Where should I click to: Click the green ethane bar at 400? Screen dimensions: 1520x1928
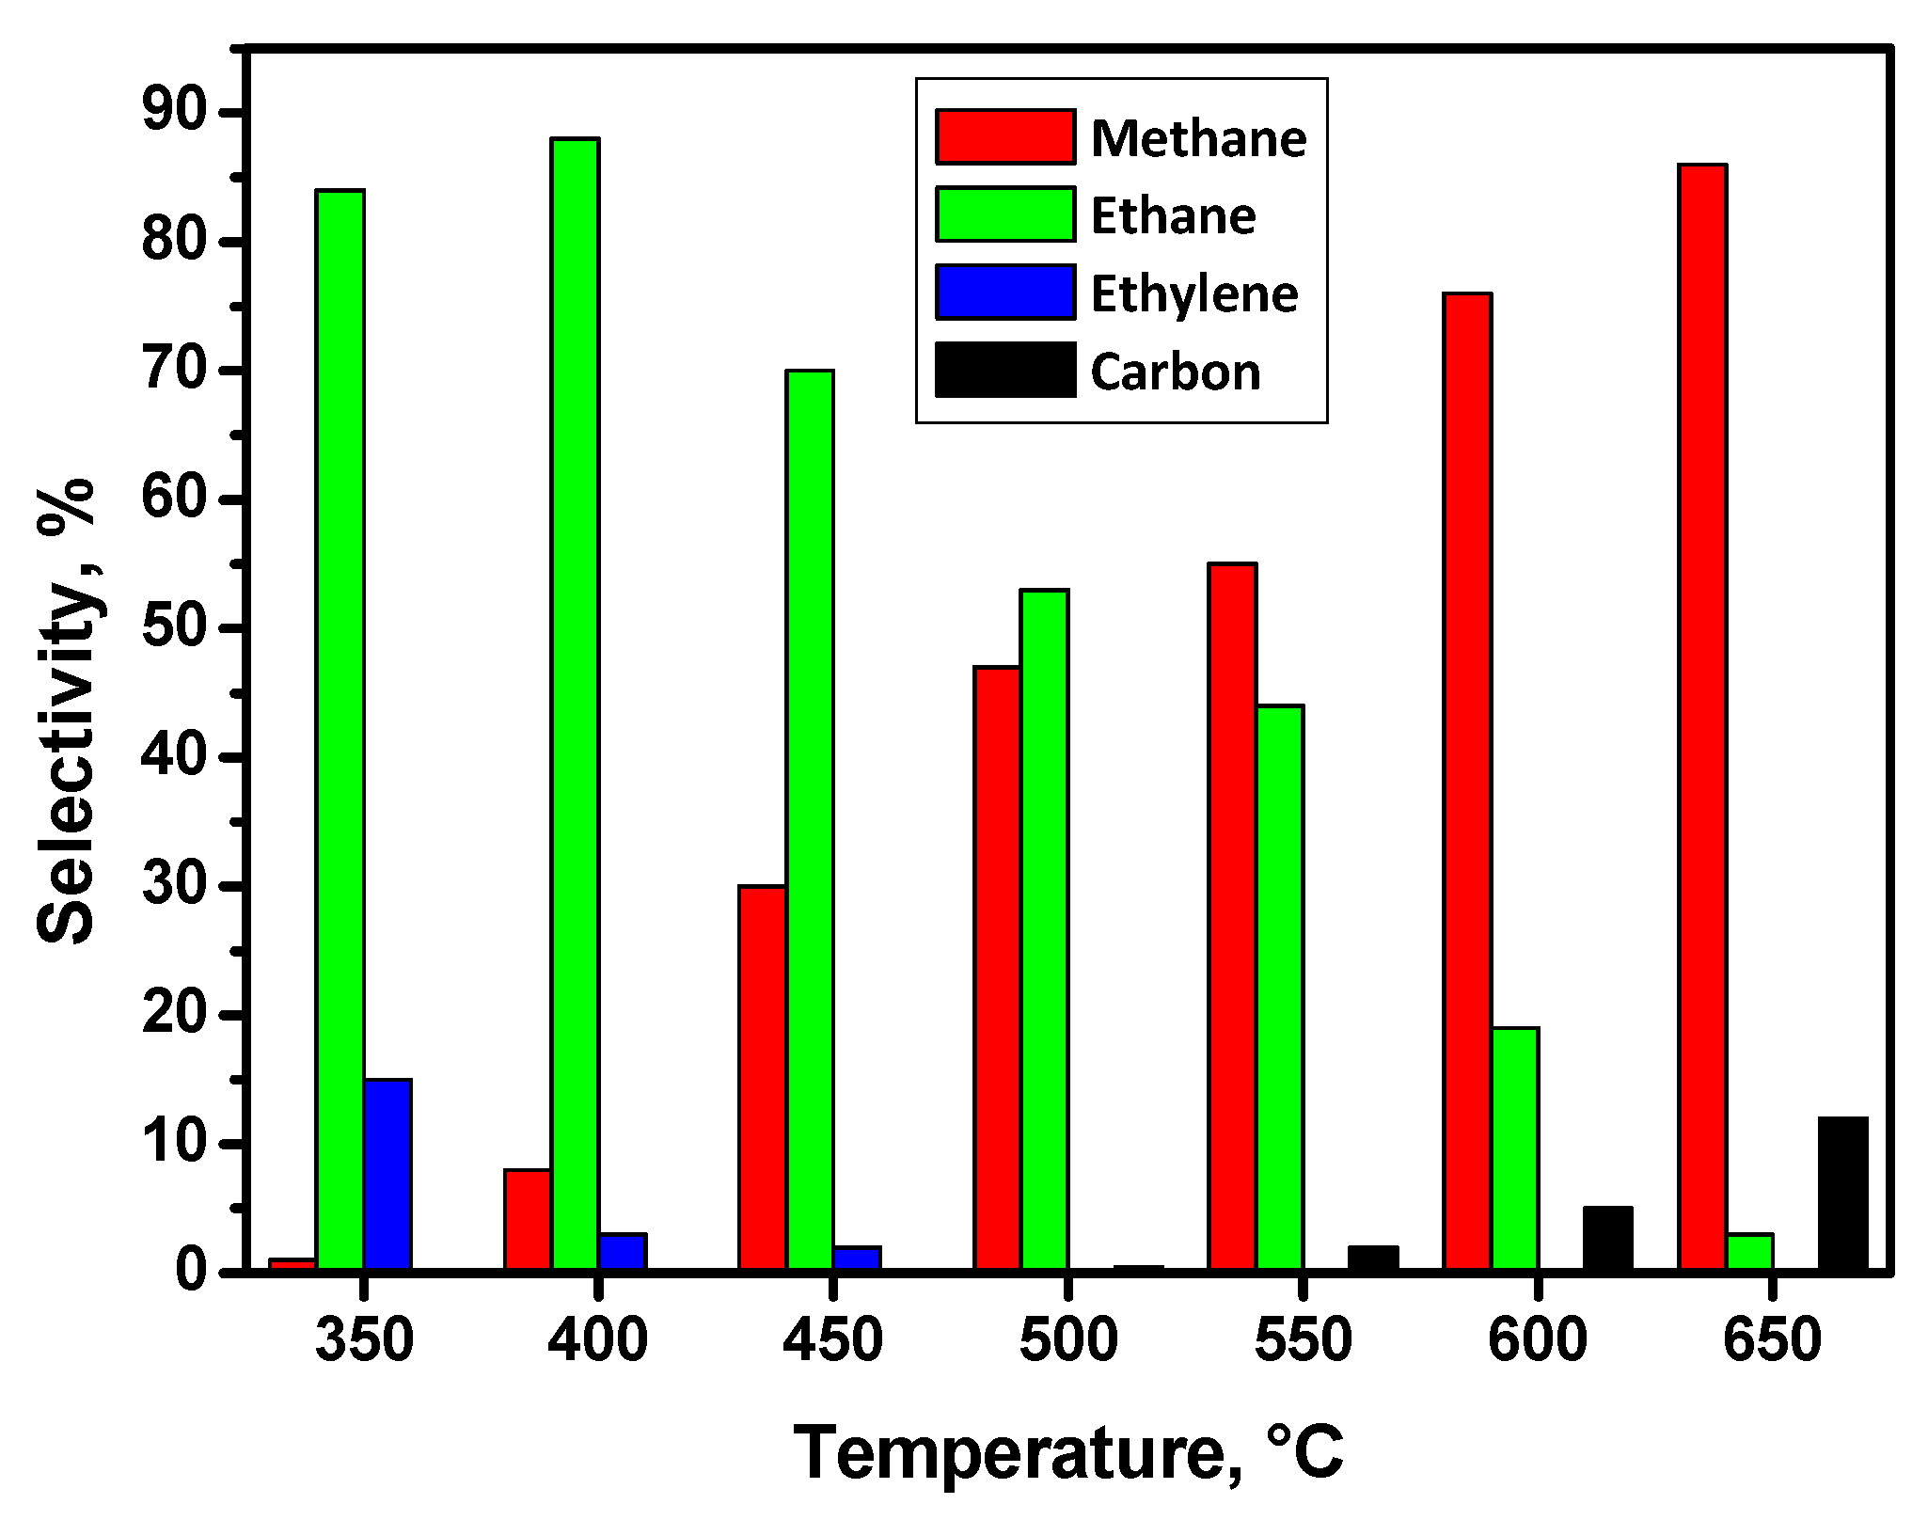[x=575, y=705]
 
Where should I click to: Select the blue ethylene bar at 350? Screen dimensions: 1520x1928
[x=387, y=1176]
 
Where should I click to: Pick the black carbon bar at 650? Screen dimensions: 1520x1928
[x=1842, y=1195]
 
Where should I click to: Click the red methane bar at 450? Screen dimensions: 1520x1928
[x=762, y=1079]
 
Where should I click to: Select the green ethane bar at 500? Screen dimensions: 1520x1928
[x=1044, y=931]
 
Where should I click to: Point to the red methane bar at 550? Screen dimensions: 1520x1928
[x=1232, y=917]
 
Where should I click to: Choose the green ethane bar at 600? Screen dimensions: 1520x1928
[x=1514, y=1149]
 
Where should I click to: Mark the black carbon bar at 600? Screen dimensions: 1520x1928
[x=1607, y=1239]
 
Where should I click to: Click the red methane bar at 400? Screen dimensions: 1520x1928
[x=528, y=1220]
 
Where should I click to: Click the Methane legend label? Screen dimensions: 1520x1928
[x=1198, y=138]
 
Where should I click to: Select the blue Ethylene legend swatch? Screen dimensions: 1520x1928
[x=1004, y=293]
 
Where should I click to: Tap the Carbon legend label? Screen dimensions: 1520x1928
[x=1176, y=372]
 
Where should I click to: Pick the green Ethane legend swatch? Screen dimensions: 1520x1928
[x=1004, y=214]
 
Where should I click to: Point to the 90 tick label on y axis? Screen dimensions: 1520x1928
[x=173, y=113]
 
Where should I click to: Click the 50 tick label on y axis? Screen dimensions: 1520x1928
[x=173, y=628]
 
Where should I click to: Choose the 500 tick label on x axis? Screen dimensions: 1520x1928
[x=1068, y=1340]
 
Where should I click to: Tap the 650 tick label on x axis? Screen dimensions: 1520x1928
[x=1772, y=1340]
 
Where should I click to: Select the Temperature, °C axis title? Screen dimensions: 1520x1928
[x=1068, y=1453]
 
